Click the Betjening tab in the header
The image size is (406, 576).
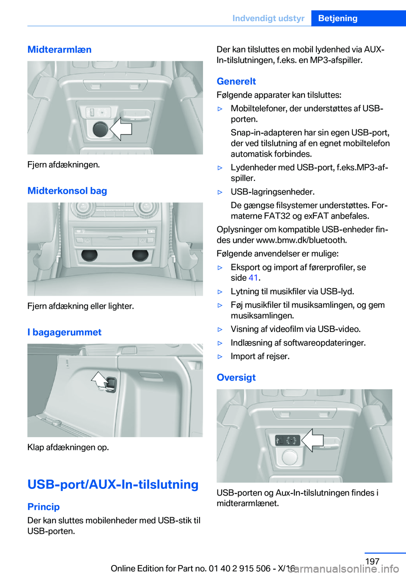(x=337, y=18)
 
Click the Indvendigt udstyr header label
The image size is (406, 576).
(x=268, y=18)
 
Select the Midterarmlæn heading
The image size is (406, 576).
(x=59, y=49)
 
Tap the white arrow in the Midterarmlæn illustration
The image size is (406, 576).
(x=121, y=129)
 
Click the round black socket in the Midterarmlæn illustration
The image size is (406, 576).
(x=101, y=129)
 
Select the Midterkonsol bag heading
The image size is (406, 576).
(x=67, y=191)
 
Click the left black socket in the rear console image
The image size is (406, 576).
(x=89, y=255)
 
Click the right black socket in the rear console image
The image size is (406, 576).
(x=140, y=255)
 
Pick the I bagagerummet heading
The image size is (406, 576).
(x=64, y=332)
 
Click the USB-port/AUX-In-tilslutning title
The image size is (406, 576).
(x=113, y=484)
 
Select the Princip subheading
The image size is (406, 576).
(x=44, y=507)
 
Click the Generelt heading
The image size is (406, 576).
(x=236, y=81)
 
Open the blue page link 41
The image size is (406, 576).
(x=253, y=278)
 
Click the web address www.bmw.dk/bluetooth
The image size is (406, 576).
(x=301, y=240)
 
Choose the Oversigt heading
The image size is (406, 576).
(x=236, y=377)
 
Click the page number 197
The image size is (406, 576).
(x=372, y=561)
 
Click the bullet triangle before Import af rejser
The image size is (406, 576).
(x=220, y=357)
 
